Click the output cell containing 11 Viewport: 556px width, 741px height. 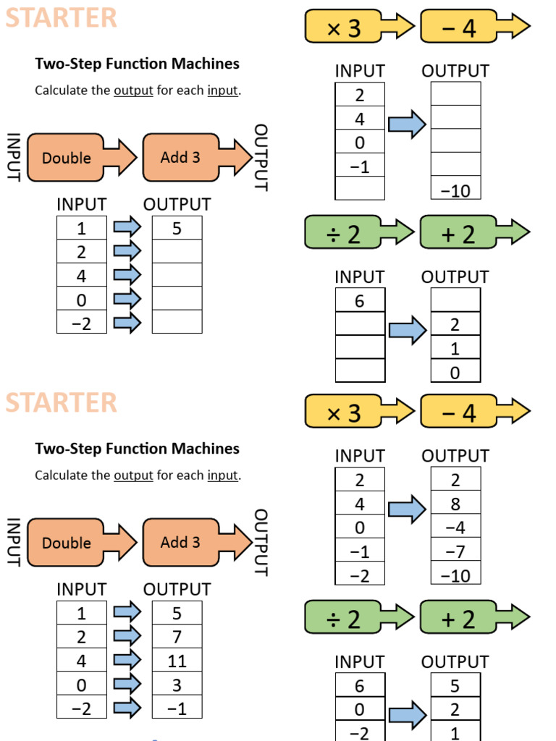pos(177,661)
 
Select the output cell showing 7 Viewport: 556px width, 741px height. pos(177,637)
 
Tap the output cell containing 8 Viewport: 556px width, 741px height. pos(455,504)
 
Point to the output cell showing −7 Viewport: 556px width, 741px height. pos(455,551)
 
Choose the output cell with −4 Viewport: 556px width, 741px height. pos(455,528)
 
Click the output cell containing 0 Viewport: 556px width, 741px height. pos(455,372)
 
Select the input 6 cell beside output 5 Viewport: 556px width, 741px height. pos(360,686)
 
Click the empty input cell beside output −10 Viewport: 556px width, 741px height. pos(360,190)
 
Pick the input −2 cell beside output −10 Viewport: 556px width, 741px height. pos(360,575)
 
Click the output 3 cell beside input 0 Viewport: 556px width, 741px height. pos(177,685)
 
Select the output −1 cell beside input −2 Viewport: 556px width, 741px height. pos(177,708)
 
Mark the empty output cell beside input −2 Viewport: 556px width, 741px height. pos(177,322)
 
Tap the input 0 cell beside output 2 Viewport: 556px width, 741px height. pos(360,710)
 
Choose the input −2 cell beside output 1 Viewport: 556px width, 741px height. pos(360,732)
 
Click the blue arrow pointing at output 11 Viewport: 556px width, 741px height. pos(127,660)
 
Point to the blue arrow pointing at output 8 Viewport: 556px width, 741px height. pos(408,509)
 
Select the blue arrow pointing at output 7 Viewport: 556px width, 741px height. pos(127,636)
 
